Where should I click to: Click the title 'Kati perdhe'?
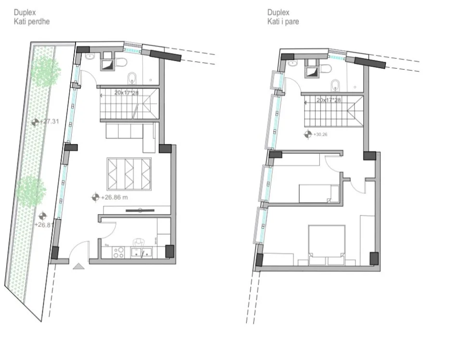click(32, 22)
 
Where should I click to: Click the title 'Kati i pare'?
click(283, 22)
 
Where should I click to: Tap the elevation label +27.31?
click(50, 122)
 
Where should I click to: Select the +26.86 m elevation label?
click(114, 197)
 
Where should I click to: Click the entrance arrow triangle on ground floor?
click(79, 266)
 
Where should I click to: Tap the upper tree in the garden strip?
click(45, 72)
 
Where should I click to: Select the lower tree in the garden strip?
click(32, 191)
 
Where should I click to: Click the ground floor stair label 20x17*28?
click(127, 92)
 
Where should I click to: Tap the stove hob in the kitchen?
click(119, 252)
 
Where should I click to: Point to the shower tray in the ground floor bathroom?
click(107, 64)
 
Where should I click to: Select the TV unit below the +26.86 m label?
click(140, 210)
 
